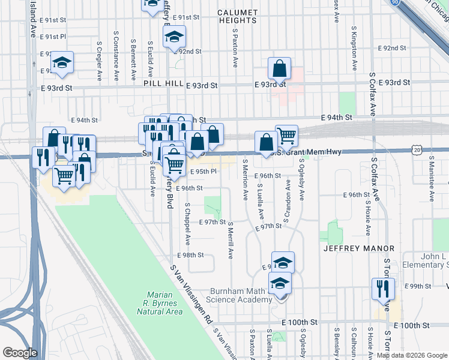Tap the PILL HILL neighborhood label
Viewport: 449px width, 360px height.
161,86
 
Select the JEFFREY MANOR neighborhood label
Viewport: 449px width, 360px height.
358,248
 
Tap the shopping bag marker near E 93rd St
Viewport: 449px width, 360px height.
280,70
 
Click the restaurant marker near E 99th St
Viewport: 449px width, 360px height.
382,289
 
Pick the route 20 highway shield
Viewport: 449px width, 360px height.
417,148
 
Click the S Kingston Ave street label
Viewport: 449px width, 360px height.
355,48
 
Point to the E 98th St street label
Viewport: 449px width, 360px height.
193,255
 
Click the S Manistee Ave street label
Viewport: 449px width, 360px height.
430,177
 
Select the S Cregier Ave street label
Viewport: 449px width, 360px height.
100,61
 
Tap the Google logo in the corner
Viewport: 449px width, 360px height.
20,353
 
